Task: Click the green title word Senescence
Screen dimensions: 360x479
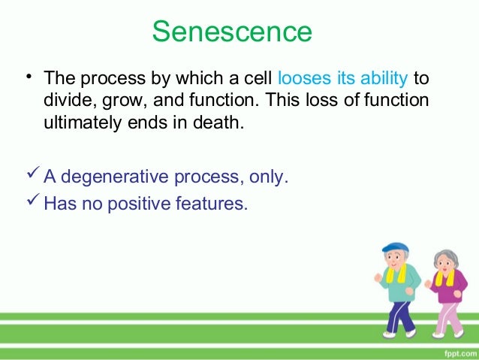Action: [x=231, y=32]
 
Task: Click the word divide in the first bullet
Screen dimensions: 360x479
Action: [x=66, y=100]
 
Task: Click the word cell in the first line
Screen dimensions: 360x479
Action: [x=259, y=78]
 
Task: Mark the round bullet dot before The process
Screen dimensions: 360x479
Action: [x=27, y=75]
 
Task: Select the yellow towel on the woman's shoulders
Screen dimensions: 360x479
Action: [x=445, y=277]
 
